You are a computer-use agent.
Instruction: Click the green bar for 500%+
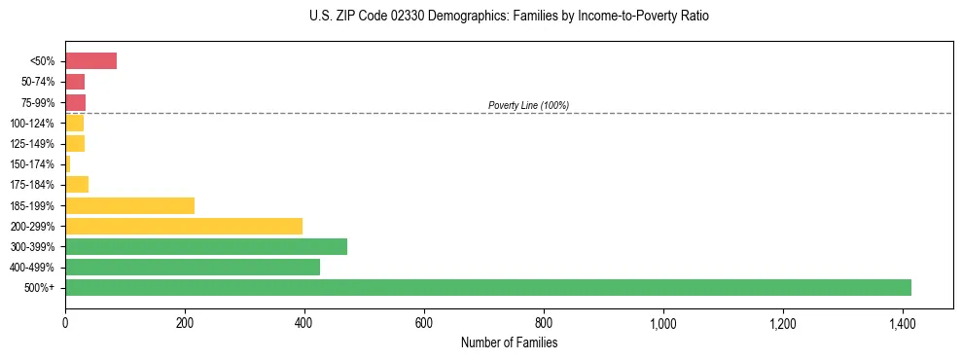pos(487,287)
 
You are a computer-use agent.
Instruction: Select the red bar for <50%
pos(90,61)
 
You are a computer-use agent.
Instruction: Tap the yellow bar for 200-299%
pos(184,226)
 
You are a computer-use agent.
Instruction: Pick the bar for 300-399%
pos(206,246)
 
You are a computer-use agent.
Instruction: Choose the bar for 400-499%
pos(193,267)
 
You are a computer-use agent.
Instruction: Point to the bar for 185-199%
pos(129,205)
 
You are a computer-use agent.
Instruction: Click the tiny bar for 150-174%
pos(68,164)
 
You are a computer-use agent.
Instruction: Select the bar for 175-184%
pos(77,185)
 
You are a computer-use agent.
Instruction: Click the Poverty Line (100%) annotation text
pos(528,105)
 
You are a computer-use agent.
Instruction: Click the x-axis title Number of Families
pos(509,342)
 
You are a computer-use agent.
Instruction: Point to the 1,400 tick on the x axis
pos(902,323)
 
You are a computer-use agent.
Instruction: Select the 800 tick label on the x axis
pos(544,323)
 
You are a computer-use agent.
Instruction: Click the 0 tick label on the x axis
pos(65,323)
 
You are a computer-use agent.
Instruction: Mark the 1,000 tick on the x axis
pos(663,323)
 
